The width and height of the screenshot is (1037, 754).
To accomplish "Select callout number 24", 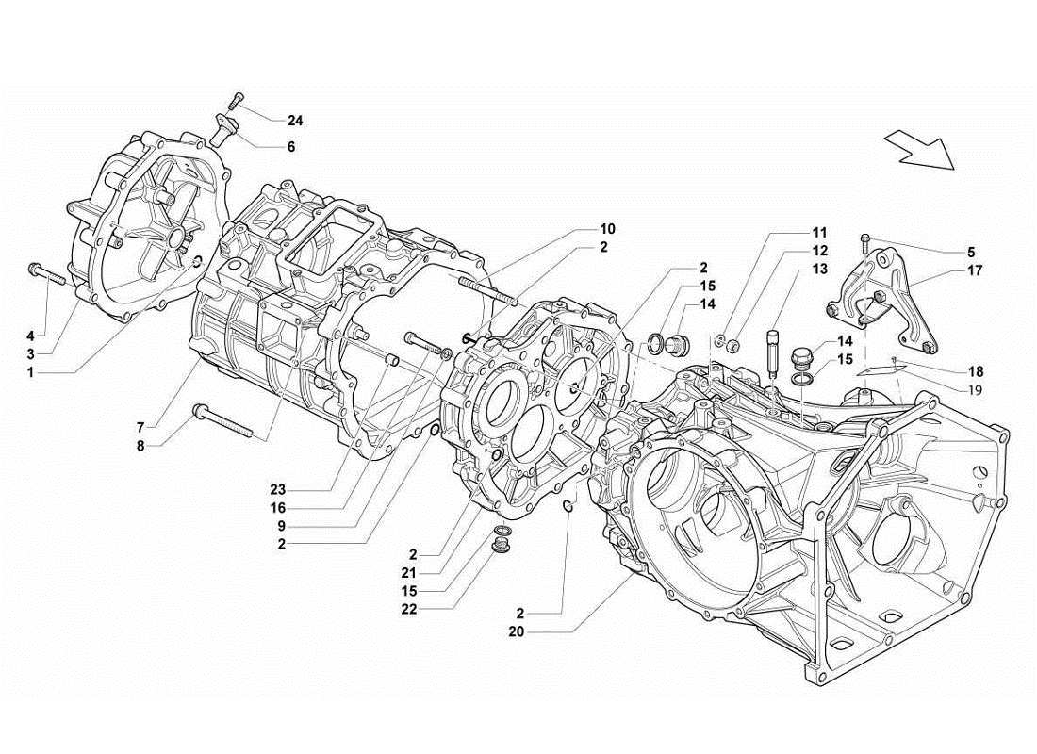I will point(296,121).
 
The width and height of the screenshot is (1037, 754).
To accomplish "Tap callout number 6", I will point(291,147).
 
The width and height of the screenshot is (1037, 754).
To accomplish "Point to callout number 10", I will point(606,229).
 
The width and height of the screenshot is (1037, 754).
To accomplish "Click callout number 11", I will point(819,232).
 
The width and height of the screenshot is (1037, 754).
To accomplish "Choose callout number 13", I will point(819,270).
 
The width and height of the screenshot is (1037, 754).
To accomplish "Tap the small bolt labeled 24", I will point(236,98).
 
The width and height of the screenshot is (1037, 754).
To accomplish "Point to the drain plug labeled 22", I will point(503,542).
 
